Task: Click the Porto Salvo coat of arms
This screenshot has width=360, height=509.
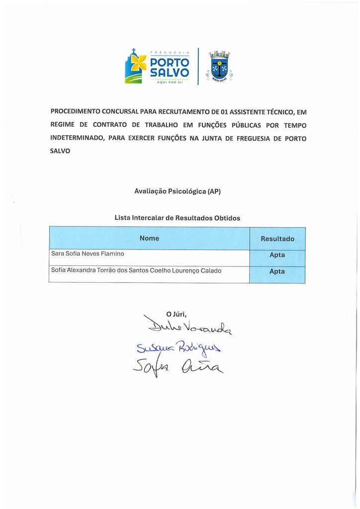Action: [219, 66]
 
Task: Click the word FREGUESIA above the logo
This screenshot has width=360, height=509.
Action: [170, 51]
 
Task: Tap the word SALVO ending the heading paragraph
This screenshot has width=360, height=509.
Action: [60, 151]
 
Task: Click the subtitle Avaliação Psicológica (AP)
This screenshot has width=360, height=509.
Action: [178, 191]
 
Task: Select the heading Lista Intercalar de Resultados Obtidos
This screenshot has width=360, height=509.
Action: [178, 218]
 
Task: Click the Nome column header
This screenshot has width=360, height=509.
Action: [149, 238]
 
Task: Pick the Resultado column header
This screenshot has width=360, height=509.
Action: [277, 239]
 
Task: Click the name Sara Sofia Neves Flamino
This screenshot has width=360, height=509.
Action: [88, 254]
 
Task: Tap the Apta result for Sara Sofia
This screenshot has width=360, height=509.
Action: [277, 255]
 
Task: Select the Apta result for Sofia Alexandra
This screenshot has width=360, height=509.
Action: [277, 272]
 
